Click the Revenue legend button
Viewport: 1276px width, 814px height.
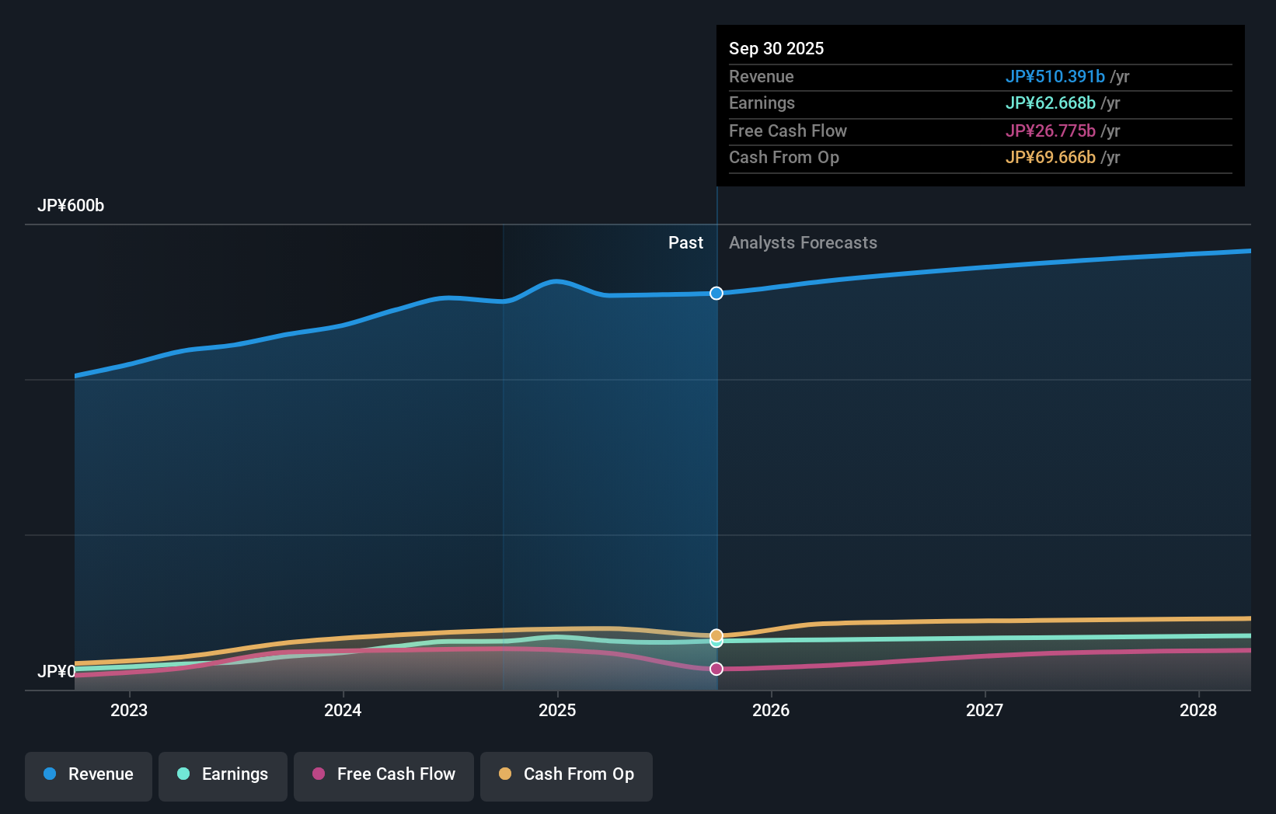(89, 775)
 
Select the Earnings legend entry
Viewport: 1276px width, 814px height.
(223, 775)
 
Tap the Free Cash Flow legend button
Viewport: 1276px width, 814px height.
(384, 775)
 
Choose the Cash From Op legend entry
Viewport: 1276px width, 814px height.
(567, 775)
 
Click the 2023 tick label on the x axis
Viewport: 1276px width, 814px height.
(129, 711)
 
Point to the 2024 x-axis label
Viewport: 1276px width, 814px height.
(343, 711)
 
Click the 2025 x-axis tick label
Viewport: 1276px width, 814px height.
(557, 711)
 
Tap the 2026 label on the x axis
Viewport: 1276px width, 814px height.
(771, 711)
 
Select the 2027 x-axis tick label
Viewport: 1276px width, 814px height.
(985, 711)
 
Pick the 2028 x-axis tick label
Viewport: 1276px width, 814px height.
(1198, 711)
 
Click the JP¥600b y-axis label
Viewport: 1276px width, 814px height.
(71, 206)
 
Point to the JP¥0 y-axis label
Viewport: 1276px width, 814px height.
(57, 672)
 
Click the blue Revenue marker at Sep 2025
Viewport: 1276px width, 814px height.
(716, 293)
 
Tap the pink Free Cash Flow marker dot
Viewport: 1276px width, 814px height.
(716, 669)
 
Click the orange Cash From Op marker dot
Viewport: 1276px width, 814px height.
(716, 635)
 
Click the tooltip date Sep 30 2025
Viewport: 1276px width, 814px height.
(776, 49)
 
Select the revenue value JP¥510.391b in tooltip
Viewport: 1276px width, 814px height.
(1055, 77)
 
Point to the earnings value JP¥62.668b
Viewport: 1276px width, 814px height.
(1050, 103)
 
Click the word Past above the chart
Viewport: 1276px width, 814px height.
(685, 243)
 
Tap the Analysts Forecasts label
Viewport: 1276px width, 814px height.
(803, 243)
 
